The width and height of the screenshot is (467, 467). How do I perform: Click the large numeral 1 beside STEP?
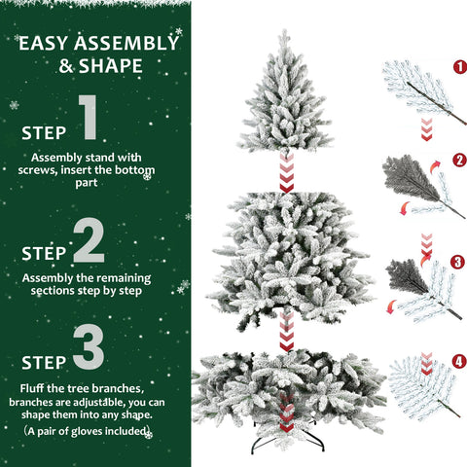[x=89, y=119]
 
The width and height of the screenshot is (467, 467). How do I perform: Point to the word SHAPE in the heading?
[x=115, y=66]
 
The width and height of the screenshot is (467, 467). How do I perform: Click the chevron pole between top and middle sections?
[x=286, y=171]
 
